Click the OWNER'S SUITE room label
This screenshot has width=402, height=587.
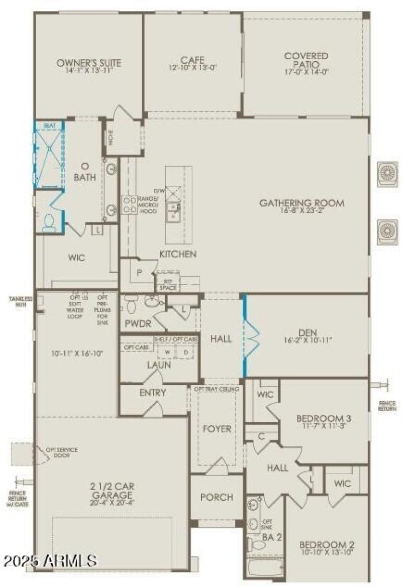(88, 63)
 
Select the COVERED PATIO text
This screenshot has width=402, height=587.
(306, 60)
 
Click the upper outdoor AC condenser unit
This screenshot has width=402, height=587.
(388, 174)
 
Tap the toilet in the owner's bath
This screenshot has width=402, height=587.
(49, 222)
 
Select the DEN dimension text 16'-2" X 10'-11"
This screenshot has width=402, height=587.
(307, 340)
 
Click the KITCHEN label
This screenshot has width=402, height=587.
(178, 254)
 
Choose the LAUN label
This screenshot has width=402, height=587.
(159, 365)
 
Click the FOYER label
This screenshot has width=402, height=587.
(217, 429)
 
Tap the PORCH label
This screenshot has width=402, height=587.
(217, 497)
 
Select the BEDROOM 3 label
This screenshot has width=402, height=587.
(323, 418)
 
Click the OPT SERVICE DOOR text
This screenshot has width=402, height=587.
(62, 453)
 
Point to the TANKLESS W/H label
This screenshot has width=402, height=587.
(20, 300)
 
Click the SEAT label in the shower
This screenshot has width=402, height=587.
(49, 126)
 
